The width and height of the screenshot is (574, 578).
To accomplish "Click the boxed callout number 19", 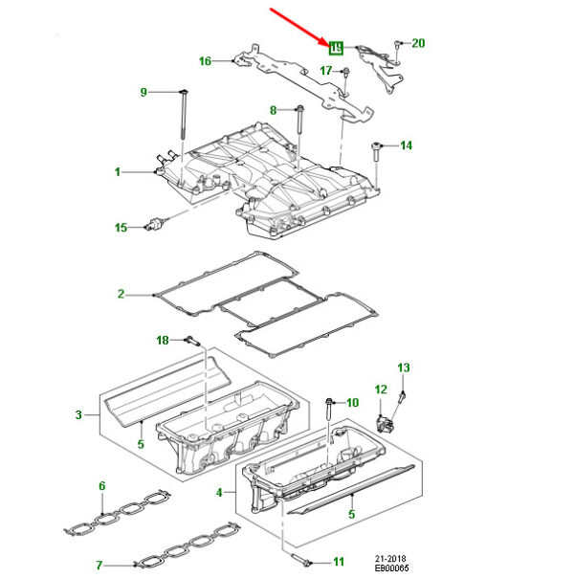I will click(x=336, y=47).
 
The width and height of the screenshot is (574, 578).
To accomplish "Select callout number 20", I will click(x=418, y=43).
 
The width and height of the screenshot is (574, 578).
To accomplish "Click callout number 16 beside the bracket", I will click(x=205, y=61).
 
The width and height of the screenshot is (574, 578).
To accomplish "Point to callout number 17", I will click(x=326, y=71).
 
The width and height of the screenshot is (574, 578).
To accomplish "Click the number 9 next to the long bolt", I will click(x=144, y=92).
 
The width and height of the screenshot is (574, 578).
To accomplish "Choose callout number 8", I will click(x=273, y=110).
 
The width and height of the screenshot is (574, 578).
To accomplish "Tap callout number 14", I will click(x=407, y=145).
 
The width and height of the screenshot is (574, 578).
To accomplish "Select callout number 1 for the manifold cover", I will click(x=119, y=172).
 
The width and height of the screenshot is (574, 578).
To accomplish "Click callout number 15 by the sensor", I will click(x=121, y=228).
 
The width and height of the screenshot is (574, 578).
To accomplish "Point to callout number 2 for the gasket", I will click(x=121, y=294).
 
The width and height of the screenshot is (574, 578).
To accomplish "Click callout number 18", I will click(x=163, y=340).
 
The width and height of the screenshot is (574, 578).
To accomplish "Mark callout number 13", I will click(x=403, y=367).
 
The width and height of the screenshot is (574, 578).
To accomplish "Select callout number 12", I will click(x=380, y=389).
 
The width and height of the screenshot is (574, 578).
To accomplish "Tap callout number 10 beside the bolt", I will click(x=351, y=402).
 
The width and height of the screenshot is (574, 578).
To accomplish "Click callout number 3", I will click(x=78, y=415).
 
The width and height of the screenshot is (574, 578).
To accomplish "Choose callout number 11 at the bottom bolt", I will click(x=338, y=561).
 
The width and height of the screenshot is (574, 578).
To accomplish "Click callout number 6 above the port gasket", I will click(x=101, y=487).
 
